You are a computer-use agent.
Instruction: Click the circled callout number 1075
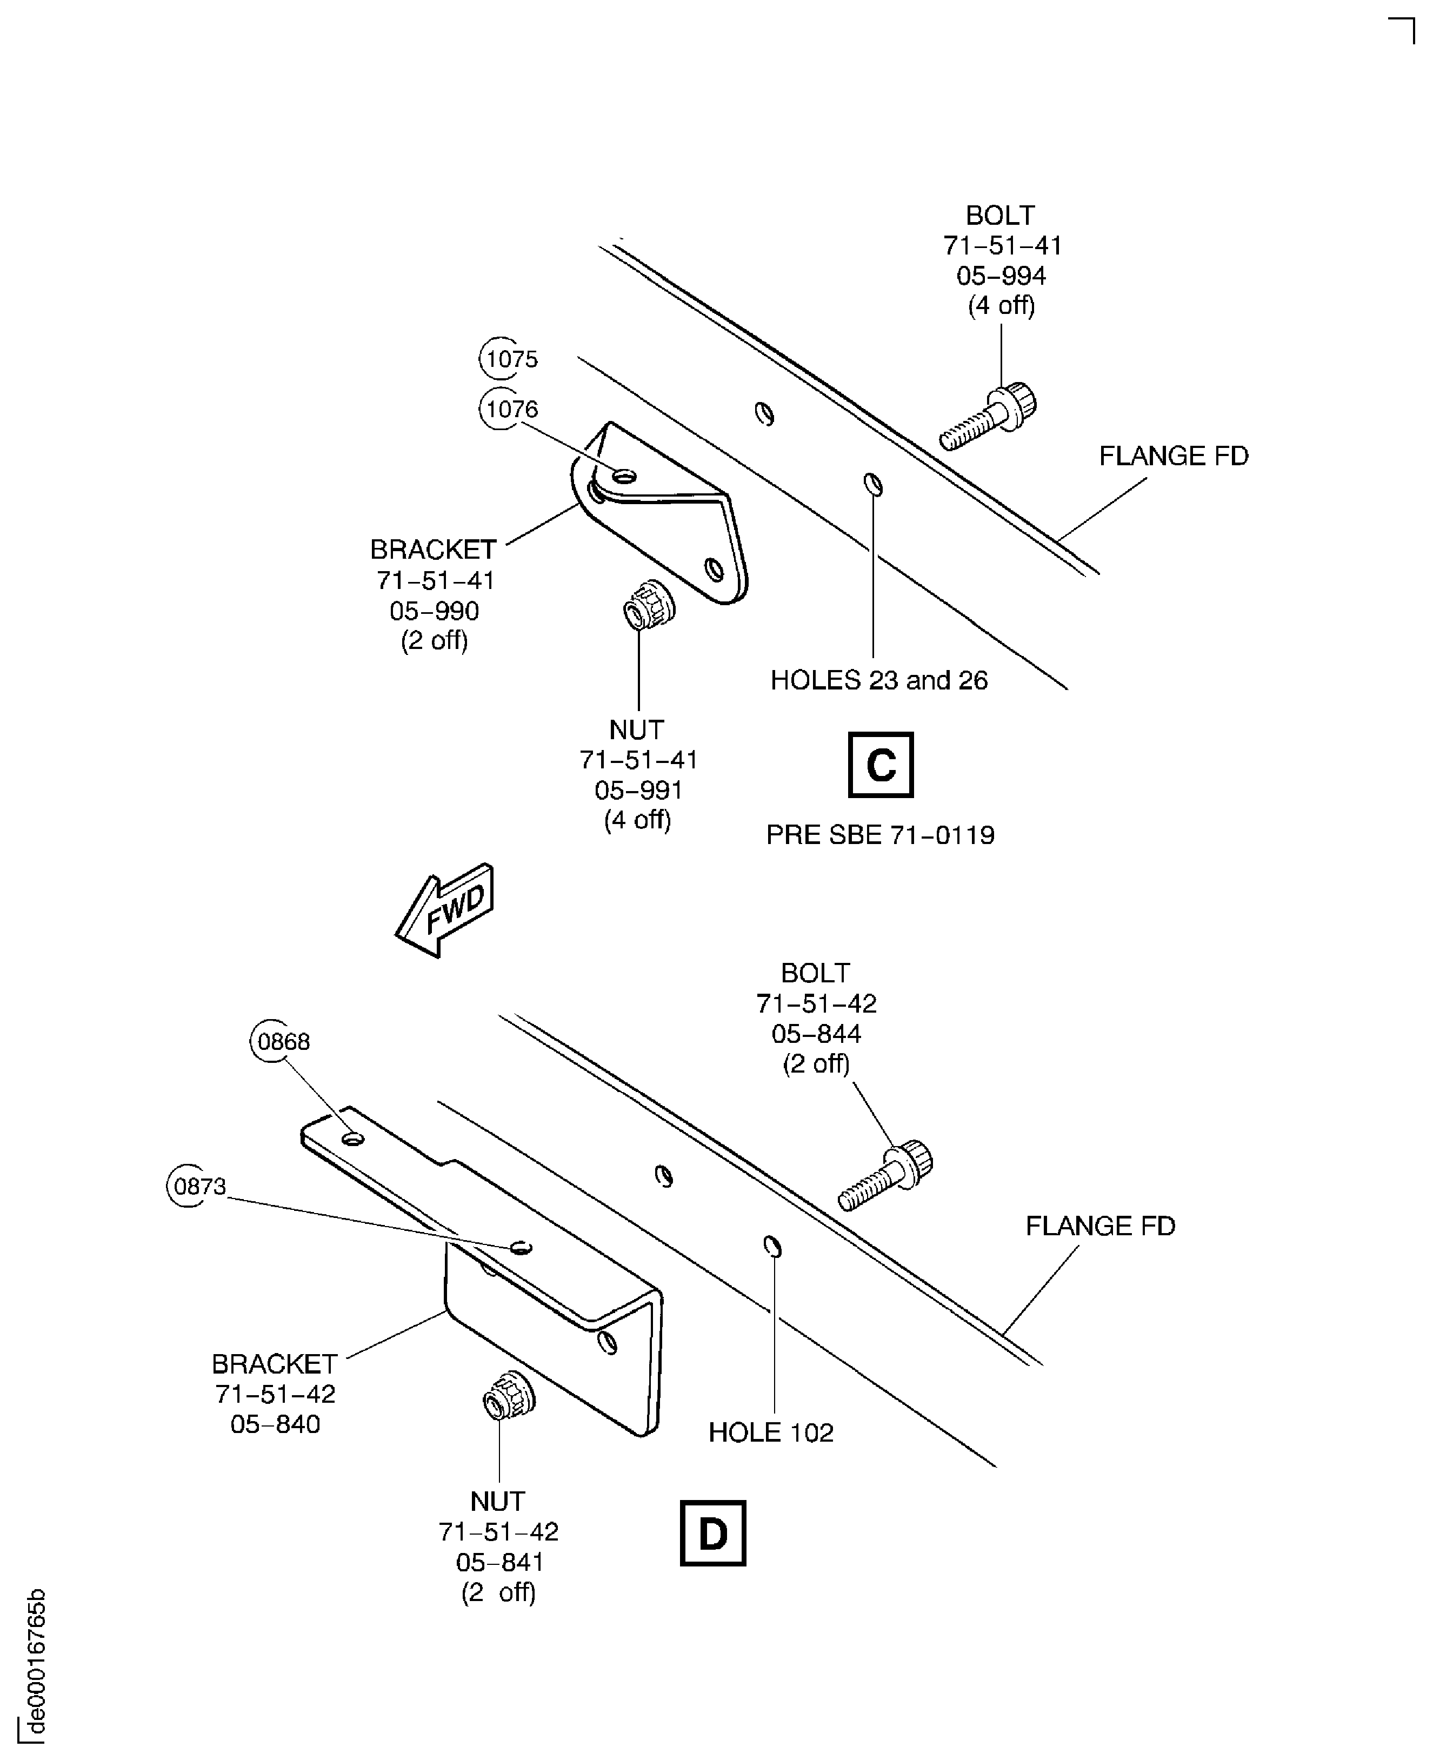pos(510,359)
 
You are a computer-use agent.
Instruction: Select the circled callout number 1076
pos(510,409)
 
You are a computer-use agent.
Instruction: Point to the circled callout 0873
pos(198,1187)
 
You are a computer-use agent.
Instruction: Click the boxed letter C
pos(880,765)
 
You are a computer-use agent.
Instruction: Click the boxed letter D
pos(712,1533)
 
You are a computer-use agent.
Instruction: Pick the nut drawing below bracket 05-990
pos(649,605)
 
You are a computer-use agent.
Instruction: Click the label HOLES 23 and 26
pos(878,680)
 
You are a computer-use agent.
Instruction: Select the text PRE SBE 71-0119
pos(880,835)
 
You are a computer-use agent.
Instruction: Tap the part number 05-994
pos(1001,276)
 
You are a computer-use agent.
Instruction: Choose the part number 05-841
pos(499,1562)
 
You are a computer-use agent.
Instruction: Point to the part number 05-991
pos(638,791)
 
